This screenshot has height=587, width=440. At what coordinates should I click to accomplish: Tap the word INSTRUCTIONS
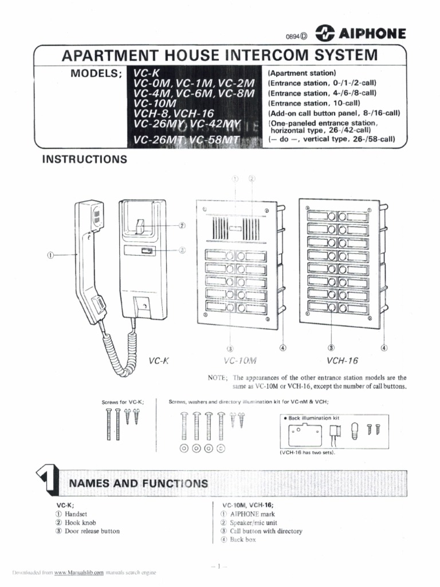[x=85, y=159]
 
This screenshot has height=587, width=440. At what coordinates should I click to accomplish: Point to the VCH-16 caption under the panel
[x=342, y=361]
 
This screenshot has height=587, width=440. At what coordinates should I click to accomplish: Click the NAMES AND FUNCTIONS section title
[x=138, y=483]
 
